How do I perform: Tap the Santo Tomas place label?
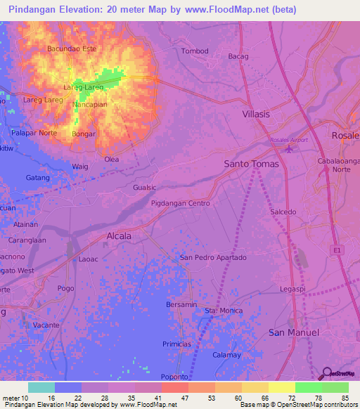pos(251,164)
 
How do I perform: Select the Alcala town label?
pos(118,236)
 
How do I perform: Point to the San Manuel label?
pos(294,332)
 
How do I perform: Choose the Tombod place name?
pos(195,51)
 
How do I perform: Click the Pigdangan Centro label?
pos(181,203)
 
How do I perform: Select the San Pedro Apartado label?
pos(213,258)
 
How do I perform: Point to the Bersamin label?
pos(181,304)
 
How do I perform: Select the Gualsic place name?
pos(144,188)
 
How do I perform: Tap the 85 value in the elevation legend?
pos(344,398)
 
